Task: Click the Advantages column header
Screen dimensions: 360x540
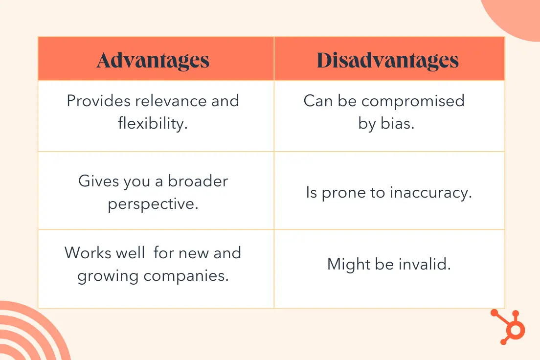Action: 153,60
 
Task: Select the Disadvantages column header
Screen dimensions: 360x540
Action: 387,60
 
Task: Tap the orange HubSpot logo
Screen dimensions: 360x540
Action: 508,327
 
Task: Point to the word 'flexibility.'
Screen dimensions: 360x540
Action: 153,123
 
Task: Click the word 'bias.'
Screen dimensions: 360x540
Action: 397,123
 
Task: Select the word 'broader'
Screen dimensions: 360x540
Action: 198,181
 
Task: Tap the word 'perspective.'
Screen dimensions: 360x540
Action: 153,203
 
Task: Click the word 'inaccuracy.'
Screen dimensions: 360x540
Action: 431,193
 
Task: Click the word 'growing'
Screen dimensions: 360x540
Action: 108,276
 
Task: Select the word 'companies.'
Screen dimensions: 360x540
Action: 186,276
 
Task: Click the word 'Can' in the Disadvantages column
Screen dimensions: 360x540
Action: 318,101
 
